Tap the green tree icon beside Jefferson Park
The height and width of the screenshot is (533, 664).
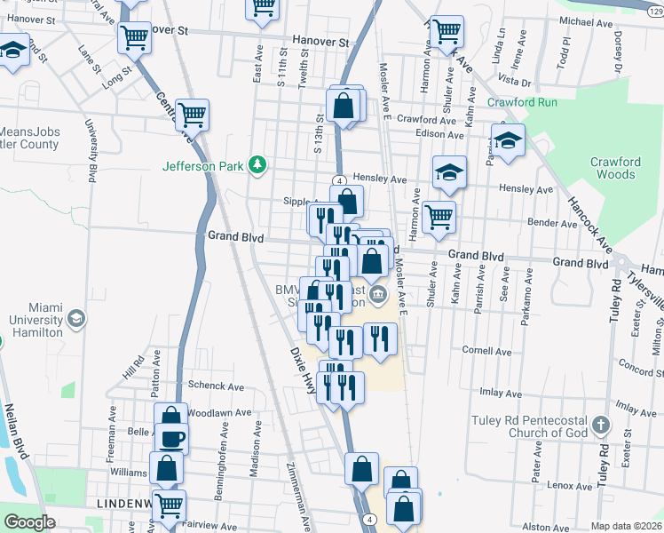(x=257, y=164)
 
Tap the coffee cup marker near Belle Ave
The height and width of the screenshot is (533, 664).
(x=171, y=437)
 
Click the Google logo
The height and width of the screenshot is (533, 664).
(x=29, y=521)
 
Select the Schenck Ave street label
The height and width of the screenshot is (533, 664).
(x=216, y=386)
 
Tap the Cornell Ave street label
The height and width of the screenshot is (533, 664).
(x=486, y=351)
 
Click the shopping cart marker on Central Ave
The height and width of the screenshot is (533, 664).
(x=193, y=115)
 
